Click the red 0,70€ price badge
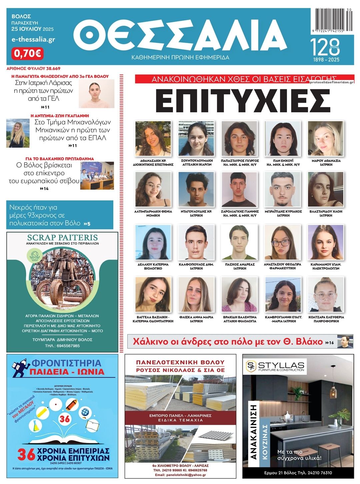tap(27, 53)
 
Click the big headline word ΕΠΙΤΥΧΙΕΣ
tap(243, 100)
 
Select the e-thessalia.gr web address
tap(33, 39)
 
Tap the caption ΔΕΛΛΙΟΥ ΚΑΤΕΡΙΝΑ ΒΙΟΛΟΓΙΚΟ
tap(153, 266)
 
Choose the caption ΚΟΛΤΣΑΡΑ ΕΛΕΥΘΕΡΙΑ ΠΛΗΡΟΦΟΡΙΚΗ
tap(326, 319)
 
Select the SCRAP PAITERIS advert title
tap(62, 238)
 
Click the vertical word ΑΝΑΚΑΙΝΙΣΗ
tap(254, 432)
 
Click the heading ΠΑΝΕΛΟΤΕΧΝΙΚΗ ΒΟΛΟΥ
tap(180, 362)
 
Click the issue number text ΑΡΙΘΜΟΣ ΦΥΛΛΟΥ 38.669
tap(33, 68)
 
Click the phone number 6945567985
tap(62, 346)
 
